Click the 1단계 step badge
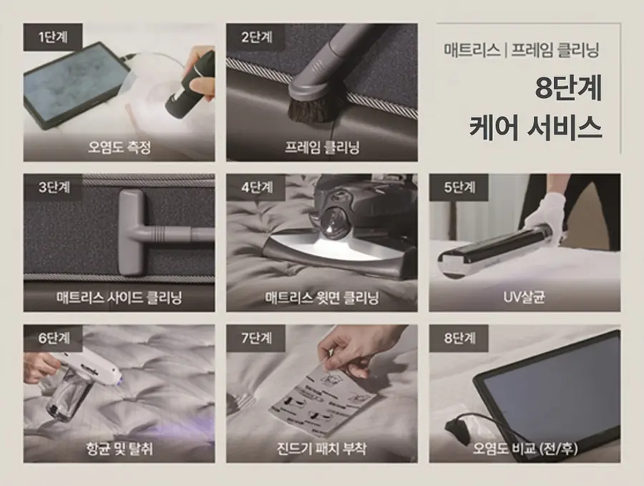[x=53, y=37]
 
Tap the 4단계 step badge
[x=256, y=188]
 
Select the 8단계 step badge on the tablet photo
[x=459, y=338]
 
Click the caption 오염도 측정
[x=119, y=147]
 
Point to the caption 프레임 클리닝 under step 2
[x=322, y=147]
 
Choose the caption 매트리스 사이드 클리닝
[x=119, y=297]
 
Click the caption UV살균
[x=525, y=297]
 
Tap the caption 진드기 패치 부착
[x=322, y=448]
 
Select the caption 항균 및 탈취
[x=119, y=448]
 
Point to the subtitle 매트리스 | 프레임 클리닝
[x=521, y=50]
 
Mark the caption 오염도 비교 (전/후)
[x=525, y=448]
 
